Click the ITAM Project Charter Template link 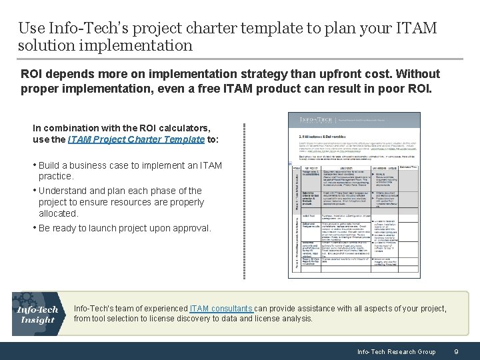click(135, 139)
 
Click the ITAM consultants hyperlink click(221, 309)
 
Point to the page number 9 click(455, 351)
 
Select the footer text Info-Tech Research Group click(396, 351)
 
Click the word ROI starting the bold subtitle click(33, 73)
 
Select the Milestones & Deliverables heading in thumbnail click(319, 135)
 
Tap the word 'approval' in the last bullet click(191, 228)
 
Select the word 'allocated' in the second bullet click(58, 213)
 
